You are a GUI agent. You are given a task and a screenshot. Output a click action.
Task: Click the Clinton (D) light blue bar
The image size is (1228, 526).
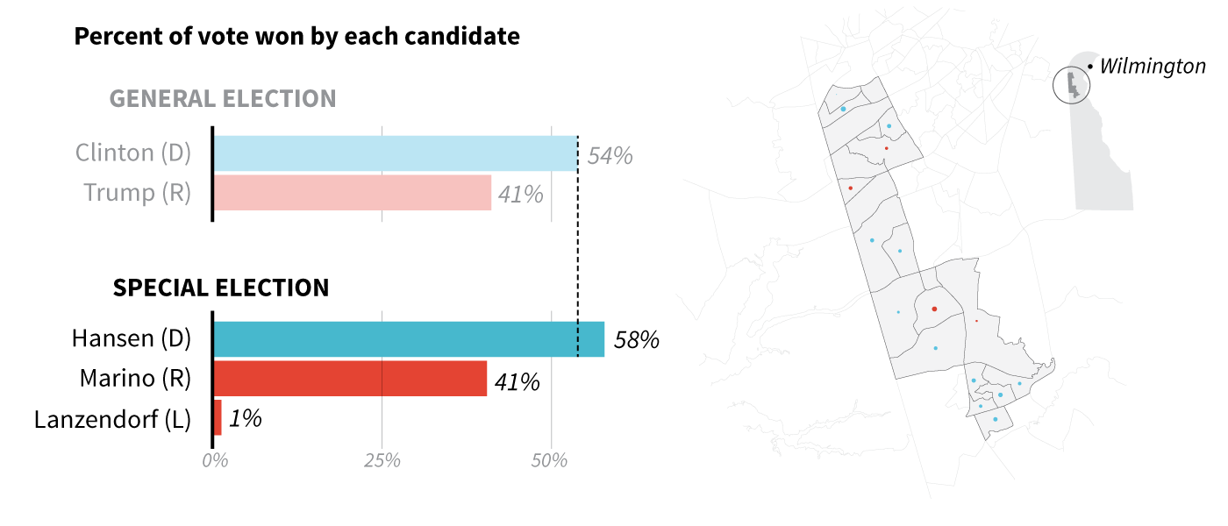[395, 153]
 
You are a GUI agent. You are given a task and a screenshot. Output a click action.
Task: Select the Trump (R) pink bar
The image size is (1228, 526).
[352, 193]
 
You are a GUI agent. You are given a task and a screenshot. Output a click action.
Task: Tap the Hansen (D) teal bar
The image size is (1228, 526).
[408, 339]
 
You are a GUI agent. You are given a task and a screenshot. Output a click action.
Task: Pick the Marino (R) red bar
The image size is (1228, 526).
[349, 379]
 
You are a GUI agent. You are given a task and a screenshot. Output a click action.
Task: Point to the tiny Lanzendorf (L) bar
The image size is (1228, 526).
[217, 418]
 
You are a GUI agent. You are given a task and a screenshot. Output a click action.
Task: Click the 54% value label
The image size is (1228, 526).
[610, 156]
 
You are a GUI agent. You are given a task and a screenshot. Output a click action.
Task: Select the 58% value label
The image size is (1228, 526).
[636, 340]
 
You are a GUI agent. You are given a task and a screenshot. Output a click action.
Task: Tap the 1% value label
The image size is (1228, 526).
[246, 419]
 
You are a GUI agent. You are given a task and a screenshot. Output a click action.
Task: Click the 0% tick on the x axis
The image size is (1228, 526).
[214, 461]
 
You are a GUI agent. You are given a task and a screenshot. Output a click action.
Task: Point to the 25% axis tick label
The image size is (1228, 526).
[382, 461]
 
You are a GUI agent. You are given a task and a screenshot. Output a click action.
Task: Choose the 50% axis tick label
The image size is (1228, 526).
[551, 461]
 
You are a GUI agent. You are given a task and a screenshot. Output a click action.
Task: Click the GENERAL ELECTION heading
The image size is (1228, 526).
[223, 98]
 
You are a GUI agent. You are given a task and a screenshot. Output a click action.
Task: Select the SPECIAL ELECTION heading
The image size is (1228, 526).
[221, 288]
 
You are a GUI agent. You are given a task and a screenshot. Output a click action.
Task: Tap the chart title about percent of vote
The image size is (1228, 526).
[296, 37]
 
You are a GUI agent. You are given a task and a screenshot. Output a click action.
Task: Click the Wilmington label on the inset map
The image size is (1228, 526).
[1153, 66]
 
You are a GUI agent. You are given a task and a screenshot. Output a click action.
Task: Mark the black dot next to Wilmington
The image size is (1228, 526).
[1089, 67]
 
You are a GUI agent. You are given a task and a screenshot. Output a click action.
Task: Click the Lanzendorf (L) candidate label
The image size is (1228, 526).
[112, 419]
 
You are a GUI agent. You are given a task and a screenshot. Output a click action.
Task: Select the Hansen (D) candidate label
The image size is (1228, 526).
[132, 339]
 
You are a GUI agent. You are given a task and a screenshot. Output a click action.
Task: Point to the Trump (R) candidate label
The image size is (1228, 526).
[137, 193]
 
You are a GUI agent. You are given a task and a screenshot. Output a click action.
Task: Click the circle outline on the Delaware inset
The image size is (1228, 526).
[1053, 85]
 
